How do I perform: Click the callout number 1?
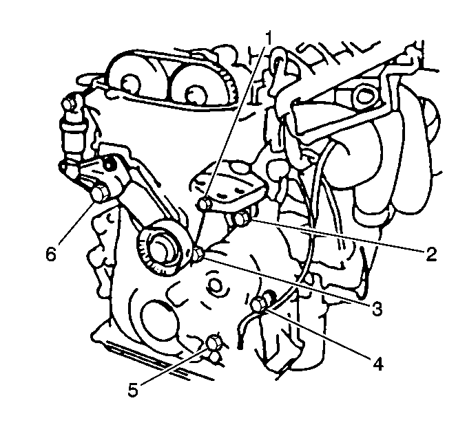point(269,38)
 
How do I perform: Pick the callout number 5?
point(133,390)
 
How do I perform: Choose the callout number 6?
point(51,254)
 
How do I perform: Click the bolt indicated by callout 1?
point(205,204)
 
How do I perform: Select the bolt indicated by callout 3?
point(198,253)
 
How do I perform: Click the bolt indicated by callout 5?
point(214,342)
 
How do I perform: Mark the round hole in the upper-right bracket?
point(362,96)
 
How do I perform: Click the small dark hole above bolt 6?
point(110,164)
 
